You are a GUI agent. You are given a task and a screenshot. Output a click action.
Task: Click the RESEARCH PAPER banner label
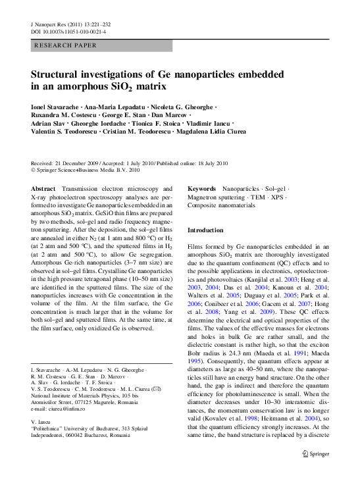[65, 45]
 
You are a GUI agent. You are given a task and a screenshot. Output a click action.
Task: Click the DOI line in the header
[68, 32]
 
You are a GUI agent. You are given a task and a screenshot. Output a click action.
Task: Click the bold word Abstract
[43, 188]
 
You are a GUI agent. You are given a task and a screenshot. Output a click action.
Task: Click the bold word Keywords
[203, 188]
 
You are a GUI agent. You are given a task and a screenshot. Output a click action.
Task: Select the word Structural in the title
[58, 74]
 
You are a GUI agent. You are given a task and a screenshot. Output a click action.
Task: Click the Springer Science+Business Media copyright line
[86, 170]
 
